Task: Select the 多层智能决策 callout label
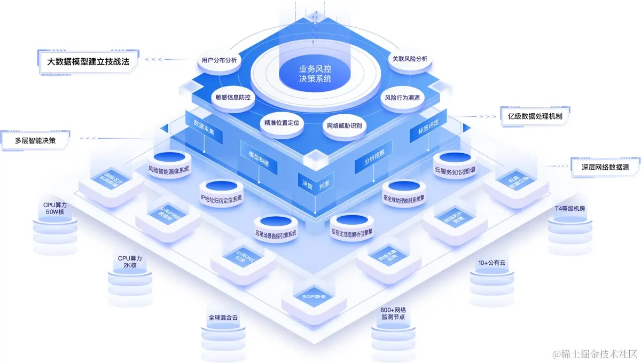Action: (x=36, y=141)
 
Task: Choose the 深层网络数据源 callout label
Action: (x=605, y=167)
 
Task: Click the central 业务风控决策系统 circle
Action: (x=315, y=74)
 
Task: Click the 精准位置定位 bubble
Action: (x=282, y=123)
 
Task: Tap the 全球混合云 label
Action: (x=223, y=318)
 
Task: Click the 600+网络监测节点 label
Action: (x=393, y=313)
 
